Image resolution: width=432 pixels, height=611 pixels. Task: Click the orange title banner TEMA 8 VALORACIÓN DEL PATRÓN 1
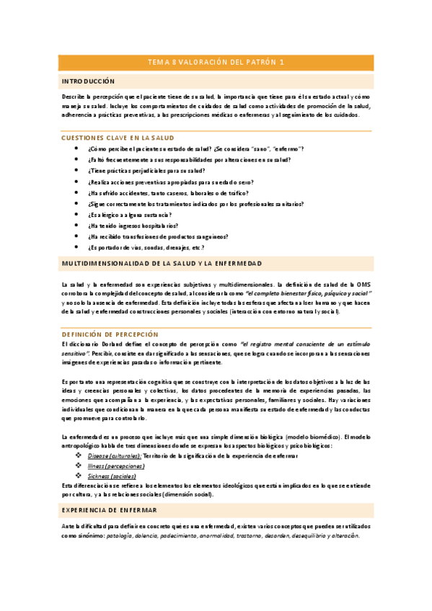click(x=216, y=63)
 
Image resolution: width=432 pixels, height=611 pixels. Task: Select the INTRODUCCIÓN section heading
click(x=89, y=81)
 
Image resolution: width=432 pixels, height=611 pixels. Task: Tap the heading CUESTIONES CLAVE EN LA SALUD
click(x=118, y=137)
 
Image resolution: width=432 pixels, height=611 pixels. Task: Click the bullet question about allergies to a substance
click(x=129, y=215)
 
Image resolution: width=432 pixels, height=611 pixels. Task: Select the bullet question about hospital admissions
click(x=133, y=226)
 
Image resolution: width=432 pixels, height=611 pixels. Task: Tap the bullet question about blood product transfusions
click(x=158, y=236)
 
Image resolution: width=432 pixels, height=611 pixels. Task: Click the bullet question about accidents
click(x=168, y=193)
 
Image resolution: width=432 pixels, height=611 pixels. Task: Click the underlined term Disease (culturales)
click(x=115, y=456)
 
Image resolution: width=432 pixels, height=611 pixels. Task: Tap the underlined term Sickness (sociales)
click(x=112, y=476)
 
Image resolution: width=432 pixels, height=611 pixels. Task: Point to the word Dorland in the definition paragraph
click(x=112, y=345)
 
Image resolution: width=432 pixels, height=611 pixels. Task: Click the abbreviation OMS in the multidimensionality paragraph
click(x=363, y=285)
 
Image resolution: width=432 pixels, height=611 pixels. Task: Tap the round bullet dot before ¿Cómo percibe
click(x=77, y=148)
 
